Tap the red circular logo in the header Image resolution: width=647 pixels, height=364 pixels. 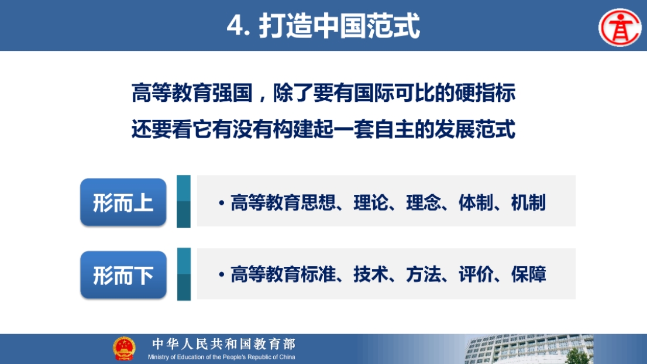pyautogui.click(x=620, y=28)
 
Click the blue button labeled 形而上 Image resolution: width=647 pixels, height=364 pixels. pyautogui.click(x=123, y=202)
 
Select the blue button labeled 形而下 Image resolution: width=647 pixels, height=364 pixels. pyautogui.click(x=123, y=275)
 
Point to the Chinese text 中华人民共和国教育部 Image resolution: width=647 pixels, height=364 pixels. pyautogui.click(x=223, y=344)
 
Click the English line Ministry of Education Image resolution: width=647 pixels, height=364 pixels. pyautogui.click(x=222, y=357)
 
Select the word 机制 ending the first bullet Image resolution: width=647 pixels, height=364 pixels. pyautogui.click(x=529, y=202)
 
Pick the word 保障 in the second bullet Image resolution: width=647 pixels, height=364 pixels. pyautogui.click(x=529, y=274)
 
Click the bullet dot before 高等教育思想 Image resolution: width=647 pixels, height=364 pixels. pyautogui.click(x=222, y=203)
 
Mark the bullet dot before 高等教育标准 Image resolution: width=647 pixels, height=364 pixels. pyautogui.click(x=222, y=275)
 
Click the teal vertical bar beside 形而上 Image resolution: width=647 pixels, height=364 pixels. pyautogui.click(x=184, y=201)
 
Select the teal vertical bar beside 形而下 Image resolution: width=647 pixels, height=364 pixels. pyautogui.click(x=184, y=274)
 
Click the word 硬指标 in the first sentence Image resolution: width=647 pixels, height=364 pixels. pyautogui.click(x=486, y=92)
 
